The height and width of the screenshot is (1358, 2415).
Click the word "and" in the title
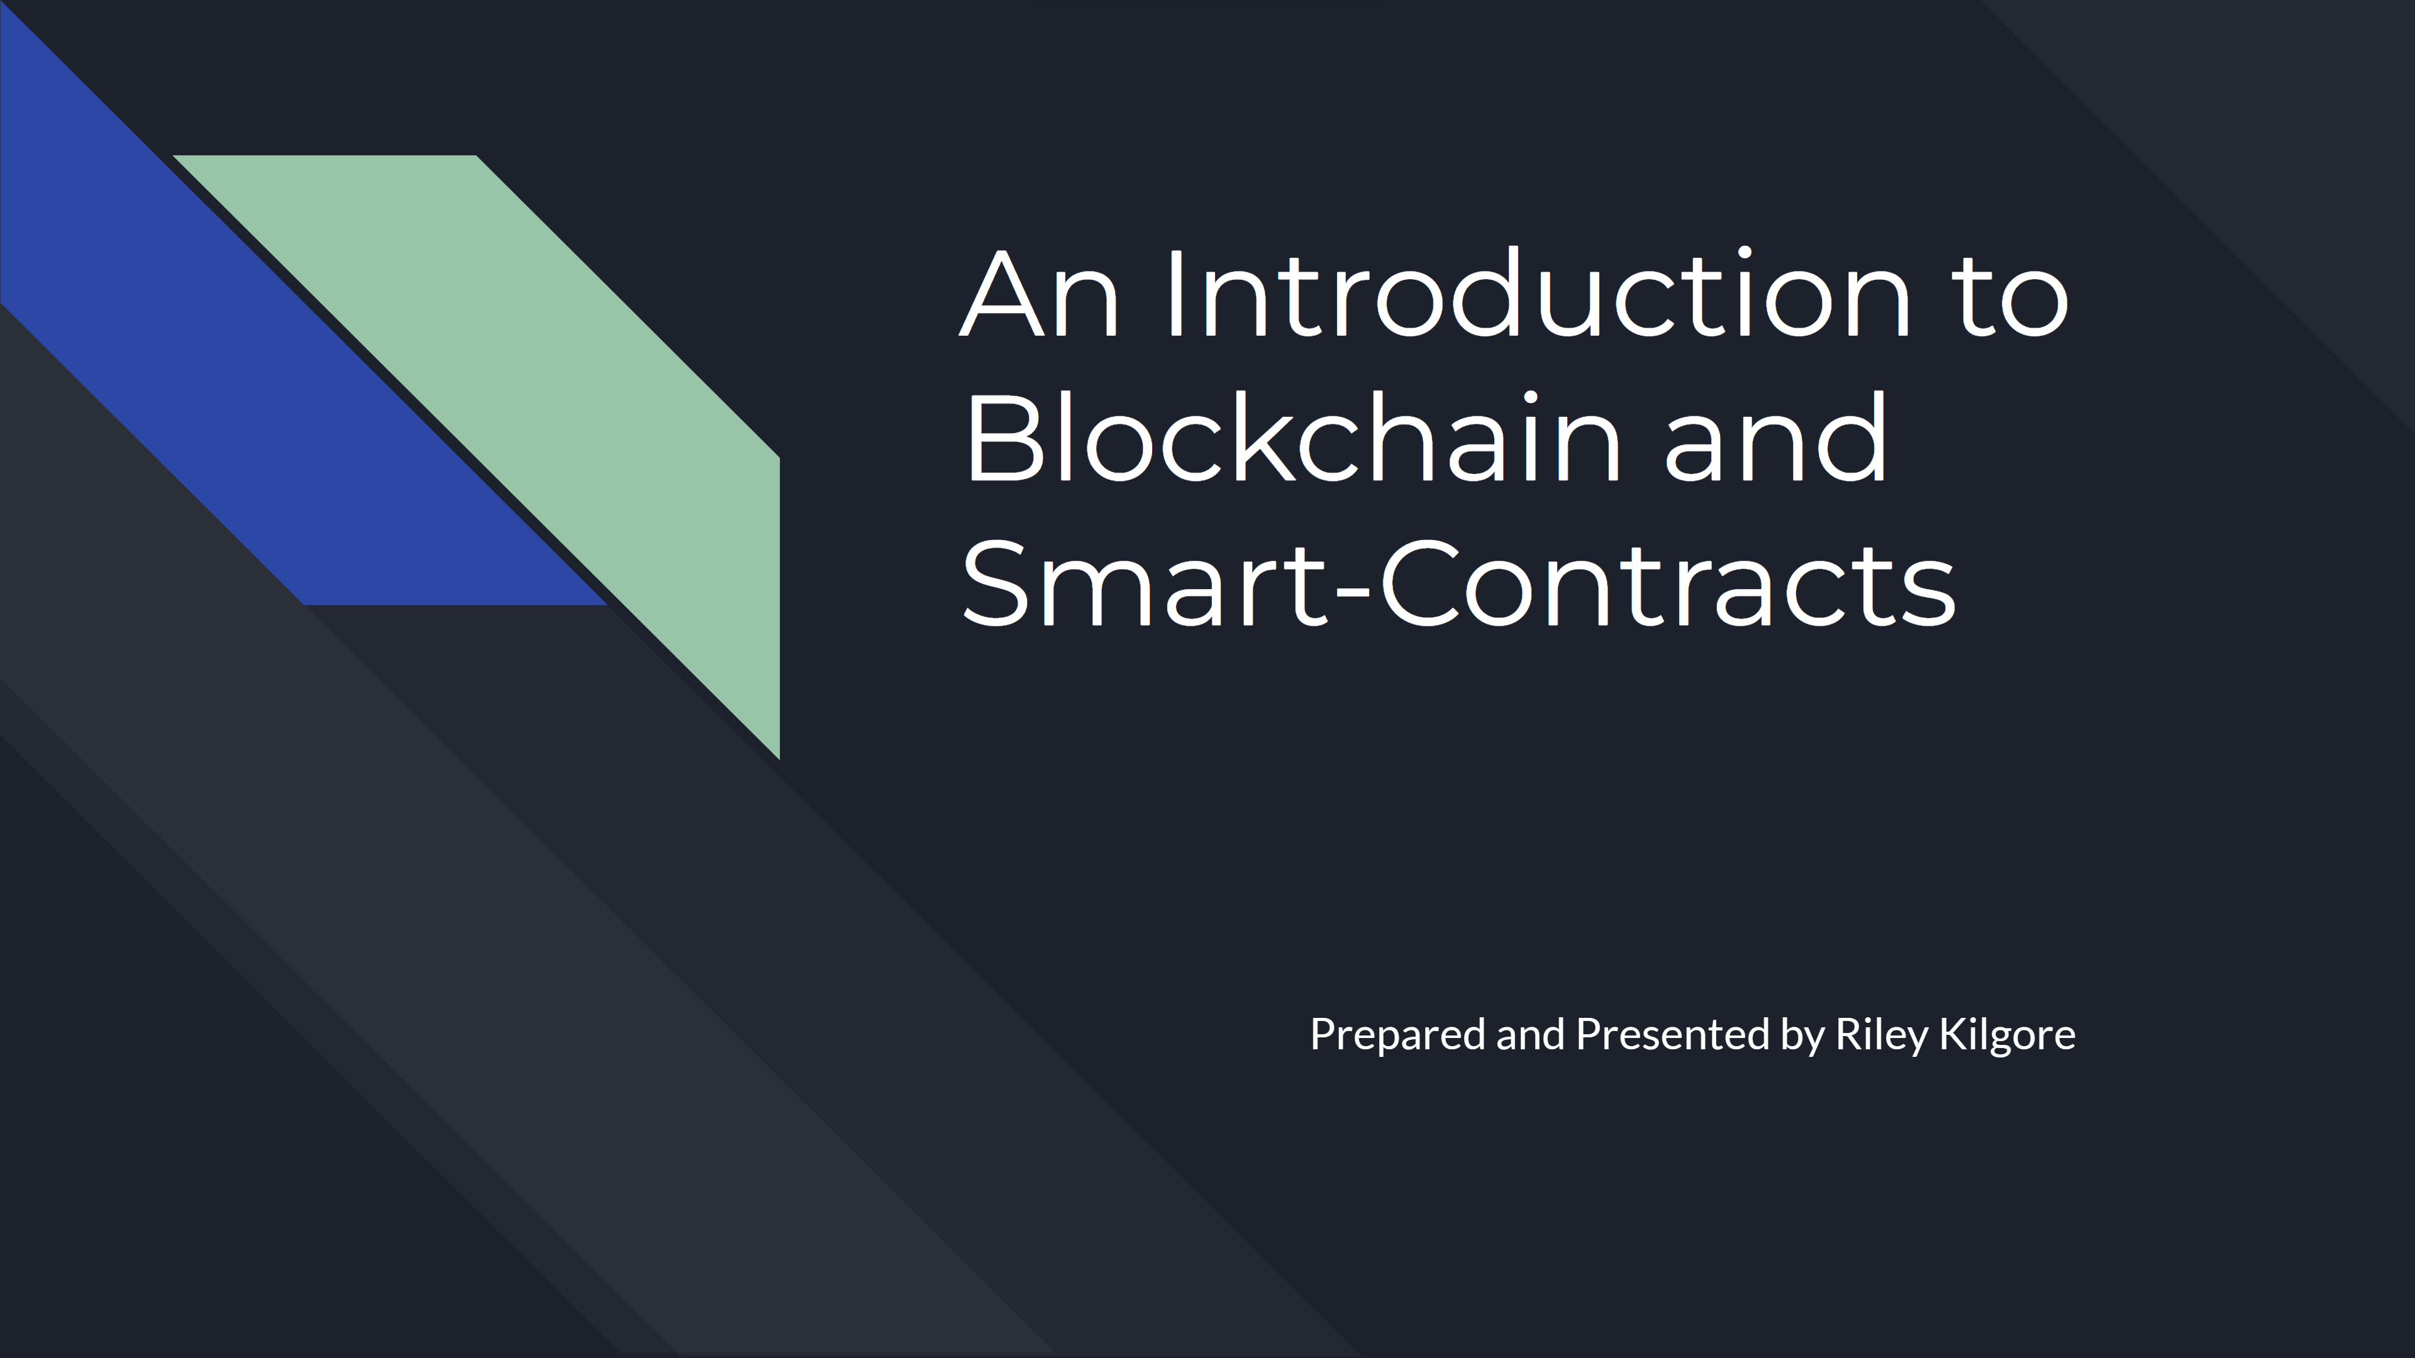coord(1775,437)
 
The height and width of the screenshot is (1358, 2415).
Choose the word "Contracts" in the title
coord(1668,583)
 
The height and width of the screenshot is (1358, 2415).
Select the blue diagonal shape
coord(281,356)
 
